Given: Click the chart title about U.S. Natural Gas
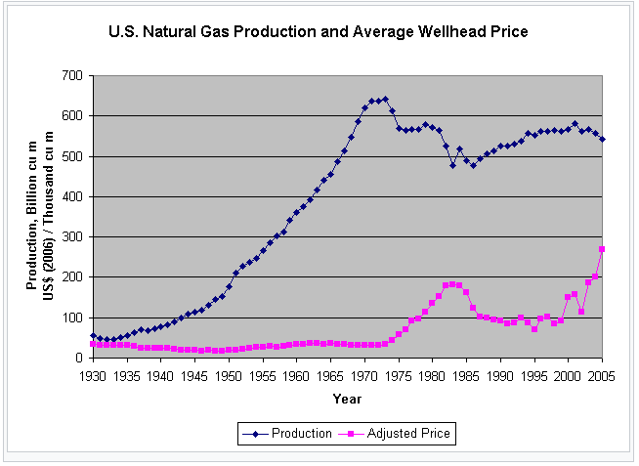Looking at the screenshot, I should coord(319,32).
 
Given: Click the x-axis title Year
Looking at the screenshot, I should coord(347,399).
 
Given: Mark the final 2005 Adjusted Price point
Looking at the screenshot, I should coord(602,249).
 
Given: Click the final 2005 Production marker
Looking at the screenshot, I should coord(602,139).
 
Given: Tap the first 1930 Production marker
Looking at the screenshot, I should coord(94,335).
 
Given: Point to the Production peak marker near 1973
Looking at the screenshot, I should coord(385,99).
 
